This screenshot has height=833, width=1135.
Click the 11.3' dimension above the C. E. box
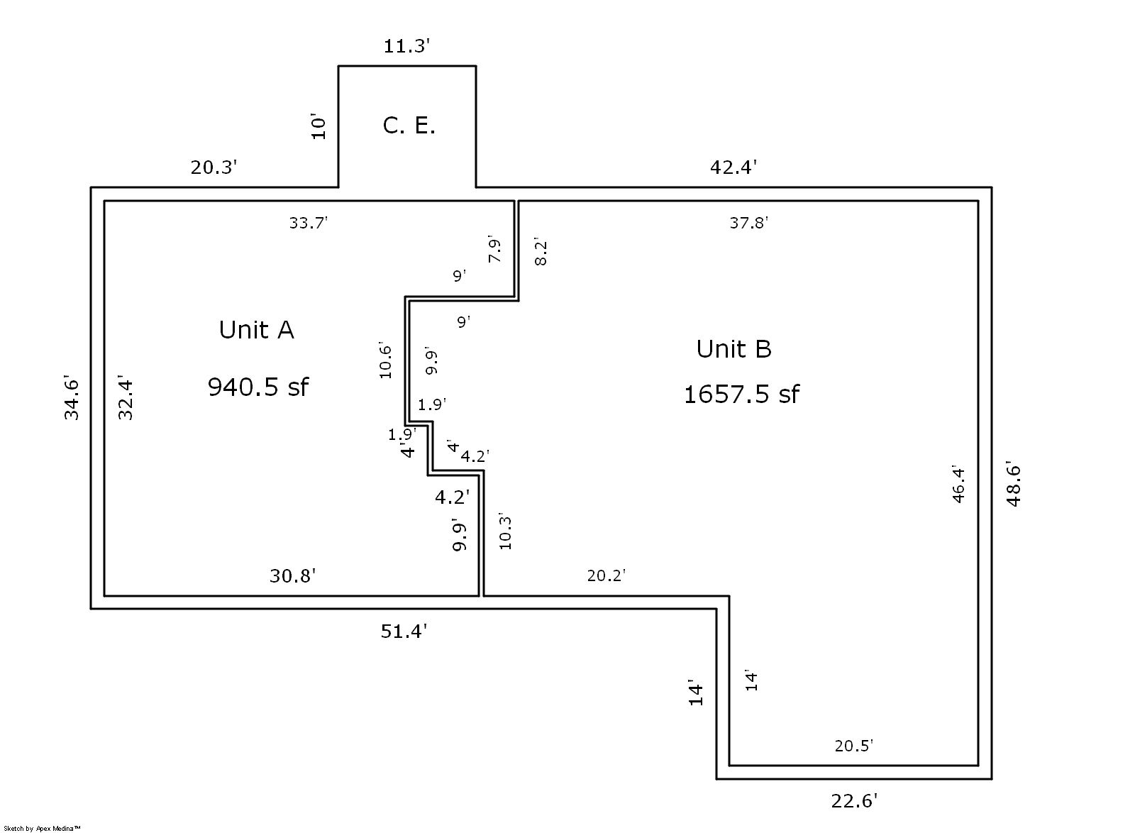coord(406,47)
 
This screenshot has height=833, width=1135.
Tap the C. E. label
coord(409,126)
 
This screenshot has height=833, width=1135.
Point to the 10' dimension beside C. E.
coord(319,126)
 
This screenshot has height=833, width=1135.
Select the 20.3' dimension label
coord(214,167)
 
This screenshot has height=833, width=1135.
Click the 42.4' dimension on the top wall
coord(733,167)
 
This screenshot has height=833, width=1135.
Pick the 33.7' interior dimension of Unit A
coord(308,223)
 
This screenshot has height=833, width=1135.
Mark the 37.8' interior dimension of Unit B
coord(749,223)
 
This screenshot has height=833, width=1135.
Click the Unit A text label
coord(256,330)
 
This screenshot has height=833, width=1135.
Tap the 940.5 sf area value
coord(258,387)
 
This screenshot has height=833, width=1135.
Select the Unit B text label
coord(733,349)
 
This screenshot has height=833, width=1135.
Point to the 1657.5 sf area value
coord(741,394)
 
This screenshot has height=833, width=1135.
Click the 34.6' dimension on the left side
coord(72,397)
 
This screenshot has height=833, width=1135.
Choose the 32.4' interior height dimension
coord(126,398)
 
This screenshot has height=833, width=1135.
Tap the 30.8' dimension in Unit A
coord(292,576)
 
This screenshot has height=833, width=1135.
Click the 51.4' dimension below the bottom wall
coord(404,631)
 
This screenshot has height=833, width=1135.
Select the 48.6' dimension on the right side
coord(1014,485)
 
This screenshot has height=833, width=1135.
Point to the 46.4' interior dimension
coord(958,485)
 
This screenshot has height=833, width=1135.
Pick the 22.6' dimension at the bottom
coord(854,801)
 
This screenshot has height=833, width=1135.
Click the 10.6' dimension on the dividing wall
coord(385,360)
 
